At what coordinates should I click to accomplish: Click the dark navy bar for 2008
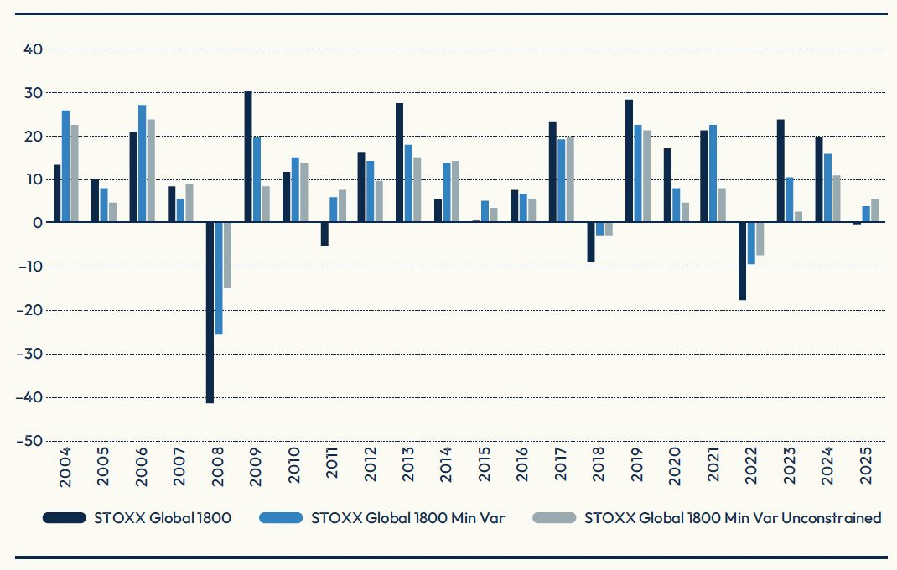point(210,313)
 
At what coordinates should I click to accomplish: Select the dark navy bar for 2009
point(248,157)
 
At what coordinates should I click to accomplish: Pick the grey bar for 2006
point(151,171)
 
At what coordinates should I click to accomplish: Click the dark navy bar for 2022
point(742,261)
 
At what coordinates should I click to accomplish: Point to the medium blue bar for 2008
point(219,278)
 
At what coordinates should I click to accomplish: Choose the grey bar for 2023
point(799,217)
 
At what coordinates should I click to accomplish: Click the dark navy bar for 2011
point(324,234)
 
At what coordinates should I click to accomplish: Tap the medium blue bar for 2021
point(713,174)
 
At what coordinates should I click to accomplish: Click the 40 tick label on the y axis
point(33,49)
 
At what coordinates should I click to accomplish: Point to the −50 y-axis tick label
point(29,441)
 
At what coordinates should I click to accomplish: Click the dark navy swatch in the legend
point(65,518)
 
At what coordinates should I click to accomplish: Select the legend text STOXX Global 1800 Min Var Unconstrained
point(733,518)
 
